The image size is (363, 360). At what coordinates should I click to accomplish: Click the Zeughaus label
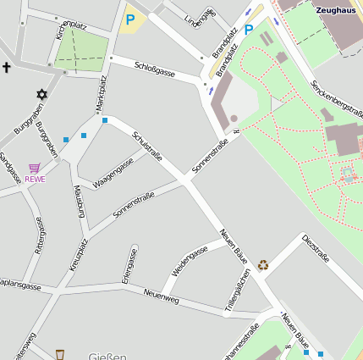tap(336, 10)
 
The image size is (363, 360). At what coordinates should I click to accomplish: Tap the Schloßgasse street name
tap(154, 68)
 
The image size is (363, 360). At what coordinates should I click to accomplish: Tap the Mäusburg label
tap(79, 201)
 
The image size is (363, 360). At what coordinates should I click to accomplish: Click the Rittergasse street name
tap(39, 234)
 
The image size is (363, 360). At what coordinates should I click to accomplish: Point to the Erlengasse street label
tap(129, 264)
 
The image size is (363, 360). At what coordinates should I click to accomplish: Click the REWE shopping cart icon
tap(35, 168)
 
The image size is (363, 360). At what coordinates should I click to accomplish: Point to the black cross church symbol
tap(7, 66)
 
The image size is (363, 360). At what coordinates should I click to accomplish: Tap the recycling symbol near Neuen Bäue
tap(263, 265)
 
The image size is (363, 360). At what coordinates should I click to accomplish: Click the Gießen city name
tap(107, 356)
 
